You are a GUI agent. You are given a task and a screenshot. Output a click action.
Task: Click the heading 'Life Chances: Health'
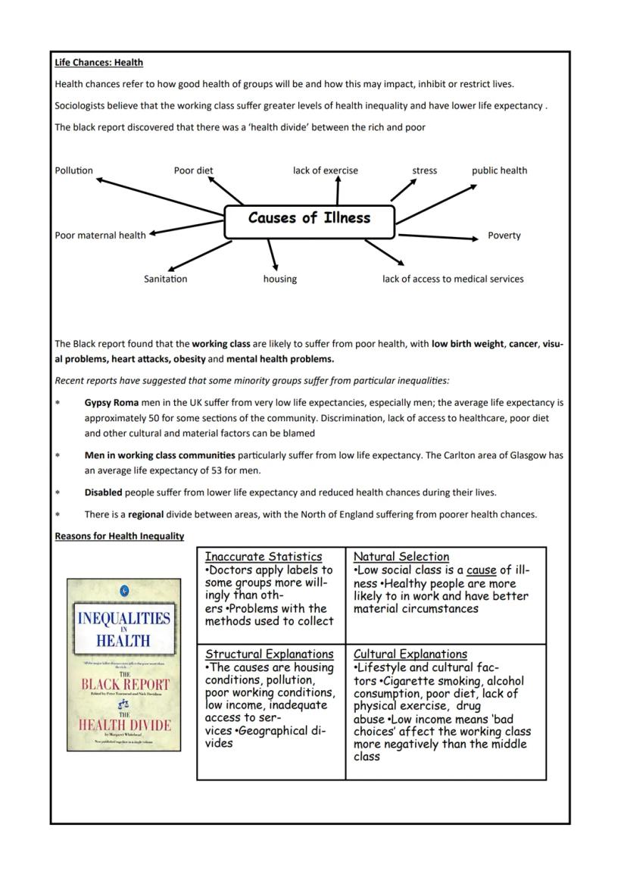click(x=98, y=63)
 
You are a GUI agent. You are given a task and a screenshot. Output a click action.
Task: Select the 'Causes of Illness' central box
click(x=310, y=219)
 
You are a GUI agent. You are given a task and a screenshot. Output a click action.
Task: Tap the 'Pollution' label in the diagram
click(x=73, y=170)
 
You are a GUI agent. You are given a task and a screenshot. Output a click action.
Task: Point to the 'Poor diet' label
click(x=194, y=170)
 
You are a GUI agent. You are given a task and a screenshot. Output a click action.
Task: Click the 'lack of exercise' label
click(x=326, y=170)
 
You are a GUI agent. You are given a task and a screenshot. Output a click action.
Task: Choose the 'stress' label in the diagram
click(x=424, y=170)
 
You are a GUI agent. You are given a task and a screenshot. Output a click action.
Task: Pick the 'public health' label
click(x=499, y=170)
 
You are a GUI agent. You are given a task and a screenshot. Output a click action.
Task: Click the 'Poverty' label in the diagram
click(x=504, y=236)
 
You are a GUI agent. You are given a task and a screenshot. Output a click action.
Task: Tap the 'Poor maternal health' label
click(x=100, y=236)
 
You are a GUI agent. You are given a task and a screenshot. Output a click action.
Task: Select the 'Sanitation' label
click(x=165, y=279)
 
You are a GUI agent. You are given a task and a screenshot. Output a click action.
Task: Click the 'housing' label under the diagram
click(x=279, y=279)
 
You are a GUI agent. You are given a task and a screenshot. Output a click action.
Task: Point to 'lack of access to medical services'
click(x=452, y=279)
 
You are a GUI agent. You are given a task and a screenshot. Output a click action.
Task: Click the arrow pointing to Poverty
click(x=439, y=236)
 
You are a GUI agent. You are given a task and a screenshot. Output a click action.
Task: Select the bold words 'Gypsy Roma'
click(x=111, y=402)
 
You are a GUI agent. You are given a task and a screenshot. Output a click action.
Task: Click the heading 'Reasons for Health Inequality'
click(x=119, y=536)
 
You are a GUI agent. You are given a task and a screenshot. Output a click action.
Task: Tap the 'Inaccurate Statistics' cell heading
click(x=263, y=557)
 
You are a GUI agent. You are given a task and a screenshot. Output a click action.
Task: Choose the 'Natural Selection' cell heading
click(x=401, y=557)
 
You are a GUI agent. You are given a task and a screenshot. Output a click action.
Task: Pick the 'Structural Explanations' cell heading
click(x=269, y=654)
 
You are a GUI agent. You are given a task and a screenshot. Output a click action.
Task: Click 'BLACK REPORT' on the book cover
click(x=124, y=685)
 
